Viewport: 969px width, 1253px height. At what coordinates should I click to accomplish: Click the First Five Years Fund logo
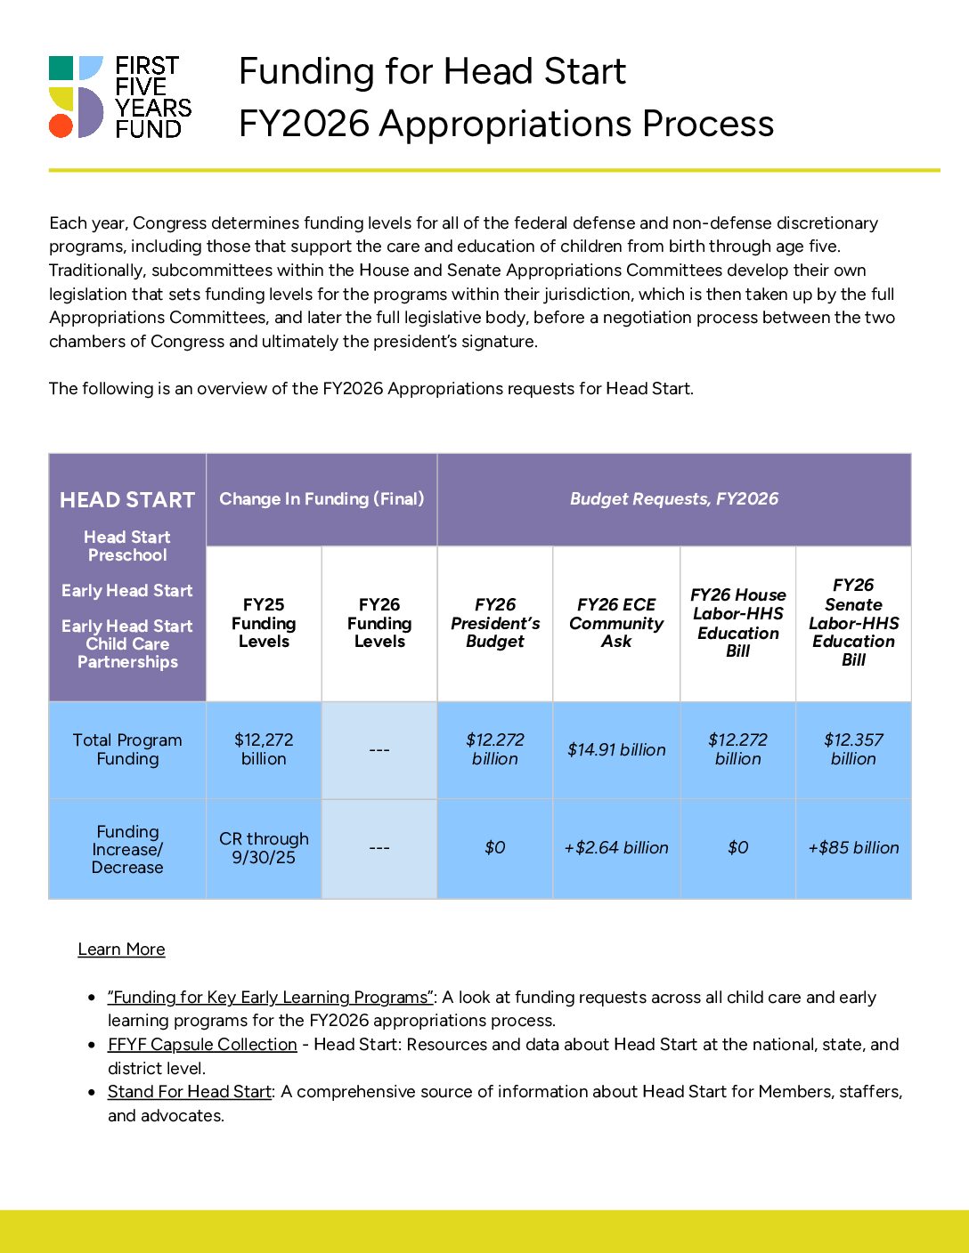coord(119,97)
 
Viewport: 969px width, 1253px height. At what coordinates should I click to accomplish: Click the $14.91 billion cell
coord(616,750)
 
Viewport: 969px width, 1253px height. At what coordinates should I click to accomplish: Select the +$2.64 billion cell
coord(616,848)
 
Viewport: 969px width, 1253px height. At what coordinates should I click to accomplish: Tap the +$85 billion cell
coord(853,848)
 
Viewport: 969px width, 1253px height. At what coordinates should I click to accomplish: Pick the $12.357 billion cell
coord(853,749)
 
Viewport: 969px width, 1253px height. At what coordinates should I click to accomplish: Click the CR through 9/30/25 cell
coord(264,848)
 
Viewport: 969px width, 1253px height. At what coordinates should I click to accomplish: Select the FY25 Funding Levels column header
coord(264,623)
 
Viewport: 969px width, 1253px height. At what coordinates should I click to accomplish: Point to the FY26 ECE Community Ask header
coord(616,623)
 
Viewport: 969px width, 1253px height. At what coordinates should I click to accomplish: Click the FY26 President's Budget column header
coord(495,623)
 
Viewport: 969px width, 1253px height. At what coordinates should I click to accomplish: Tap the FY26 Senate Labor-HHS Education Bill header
coord(853,623)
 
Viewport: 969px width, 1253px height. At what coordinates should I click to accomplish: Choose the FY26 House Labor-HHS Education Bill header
coord(737,623)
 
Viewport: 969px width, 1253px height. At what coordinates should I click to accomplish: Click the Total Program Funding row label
coord(127,749)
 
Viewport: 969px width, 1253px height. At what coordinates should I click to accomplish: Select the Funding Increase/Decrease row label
coord(127,849)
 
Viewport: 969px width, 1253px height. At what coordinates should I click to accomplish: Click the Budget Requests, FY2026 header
coord(674,499)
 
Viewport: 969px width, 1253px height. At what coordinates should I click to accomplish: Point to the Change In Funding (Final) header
coord(322,499)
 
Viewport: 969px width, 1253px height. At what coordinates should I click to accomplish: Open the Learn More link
coord(121,950)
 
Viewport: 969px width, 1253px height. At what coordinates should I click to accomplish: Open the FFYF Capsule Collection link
coord(202,1045)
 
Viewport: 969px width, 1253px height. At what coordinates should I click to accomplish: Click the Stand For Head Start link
coord(189,1092)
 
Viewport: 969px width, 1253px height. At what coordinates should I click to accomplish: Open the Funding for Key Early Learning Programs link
coord(270,998)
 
